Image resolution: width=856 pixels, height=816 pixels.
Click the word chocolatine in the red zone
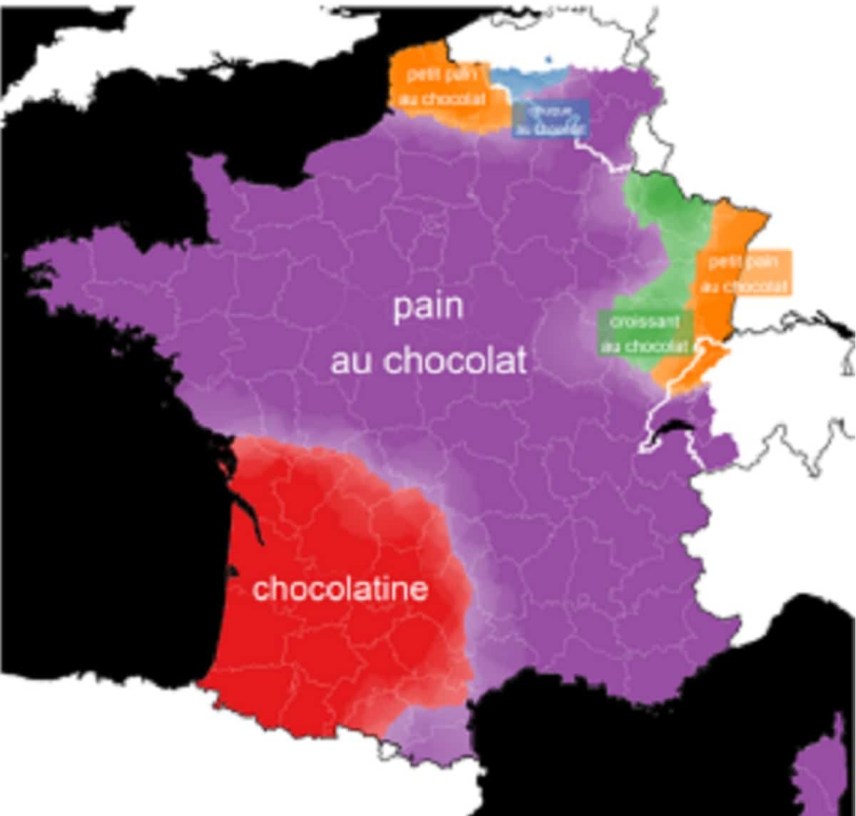click(340, 590)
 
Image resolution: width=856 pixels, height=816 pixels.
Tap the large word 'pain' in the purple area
click(429, 307)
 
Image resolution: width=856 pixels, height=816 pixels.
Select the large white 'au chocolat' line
click(429, 361)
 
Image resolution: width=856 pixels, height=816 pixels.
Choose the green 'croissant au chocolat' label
click(644, 333)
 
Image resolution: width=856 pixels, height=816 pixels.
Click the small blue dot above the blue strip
click(548, 59)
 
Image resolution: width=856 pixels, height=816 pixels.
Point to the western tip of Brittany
click(32, 260)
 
